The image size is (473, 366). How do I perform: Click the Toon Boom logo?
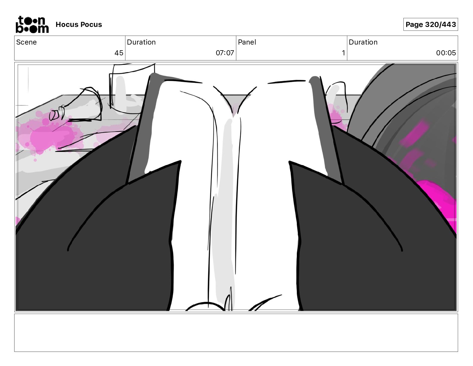pyautogui.click(x=32, y=25)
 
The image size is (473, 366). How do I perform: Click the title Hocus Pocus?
pyautogui.click(x=79, y=25)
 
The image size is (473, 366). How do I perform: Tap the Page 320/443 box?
pyautogui.click(x=430, y=25)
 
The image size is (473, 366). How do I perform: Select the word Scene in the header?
pyautogui.click(x=27, y=42)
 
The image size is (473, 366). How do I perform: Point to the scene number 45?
pyautogui.click(x=119, y=53)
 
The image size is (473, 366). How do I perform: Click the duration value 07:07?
pyautogui.click(x=225, y=53)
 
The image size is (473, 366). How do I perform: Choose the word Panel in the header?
pyautogui.click(x=247, y=42)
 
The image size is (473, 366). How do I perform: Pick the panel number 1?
pyautogui.click(x=343, y=53)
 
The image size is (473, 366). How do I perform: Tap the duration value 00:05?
pyautogui.click(x=446, y=53)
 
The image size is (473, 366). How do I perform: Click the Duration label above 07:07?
pyautogui.click(x=141, y=42)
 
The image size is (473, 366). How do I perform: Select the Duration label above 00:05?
pyautogui.click(x=363, y=42)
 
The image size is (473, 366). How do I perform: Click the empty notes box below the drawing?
pyautogui.click(x=236, y=333)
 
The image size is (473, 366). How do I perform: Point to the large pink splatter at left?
pyautogui.click(x=45, y=136)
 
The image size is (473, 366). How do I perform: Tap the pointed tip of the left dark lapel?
pyautogui.click(x=180, y=162)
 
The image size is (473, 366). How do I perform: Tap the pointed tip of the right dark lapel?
pyautogui.click(x=290, y=162)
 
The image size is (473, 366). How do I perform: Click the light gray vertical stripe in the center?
pyautogui.click(x=224, y=209)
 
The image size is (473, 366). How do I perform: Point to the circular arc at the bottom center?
pyautogui.click(x=206, y=306)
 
